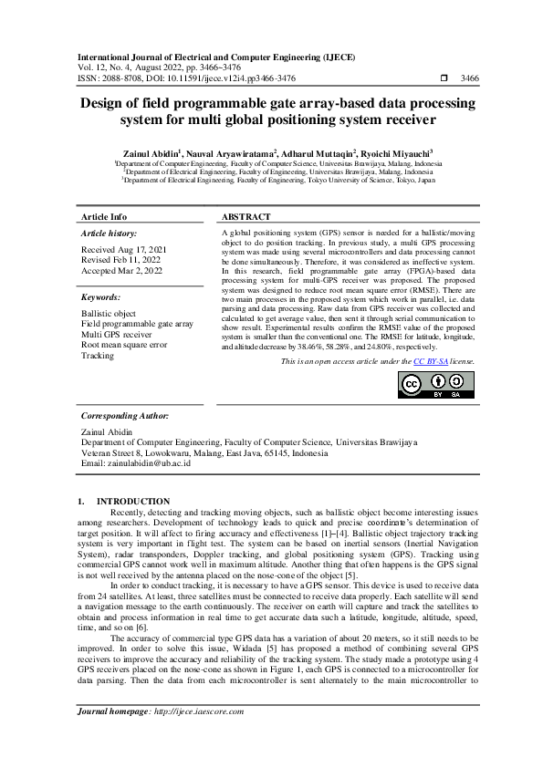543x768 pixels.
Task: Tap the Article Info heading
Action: (105, 217)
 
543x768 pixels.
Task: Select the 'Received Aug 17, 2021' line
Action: (125, 249)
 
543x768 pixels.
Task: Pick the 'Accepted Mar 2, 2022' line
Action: (122, 271)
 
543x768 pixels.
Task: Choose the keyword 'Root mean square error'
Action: (124, 345)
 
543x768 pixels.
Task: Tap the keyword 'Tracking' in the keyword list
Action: (98, 356)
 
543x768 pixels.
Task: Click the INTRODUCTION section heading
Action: (133, 501)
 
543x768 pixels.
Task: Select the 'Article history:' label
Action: (109, 234)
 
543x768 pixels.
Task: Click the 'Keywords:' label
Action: (100, 297)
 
